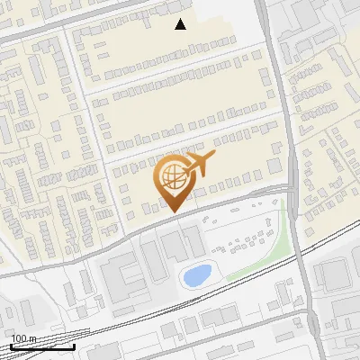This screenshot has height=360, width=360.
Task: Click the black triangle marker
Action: point(181,24)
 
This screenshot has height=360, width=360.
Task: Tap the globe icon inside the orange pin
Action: point(173,175)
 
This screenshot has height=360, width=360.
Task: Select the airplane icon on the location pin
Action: point(199,165)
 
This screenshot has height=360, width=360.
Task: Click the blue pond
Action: point(196,274)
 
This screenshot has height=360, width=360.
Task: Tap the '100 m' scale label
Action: point(23,338)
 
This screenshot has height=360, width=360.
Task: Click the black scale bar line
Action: point(42,346)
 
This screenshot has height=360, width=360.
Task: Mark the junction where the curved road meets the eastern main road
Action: point(290,188)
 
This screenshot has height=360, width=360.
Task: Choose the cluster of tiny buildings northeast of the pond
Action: point(243,241)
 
